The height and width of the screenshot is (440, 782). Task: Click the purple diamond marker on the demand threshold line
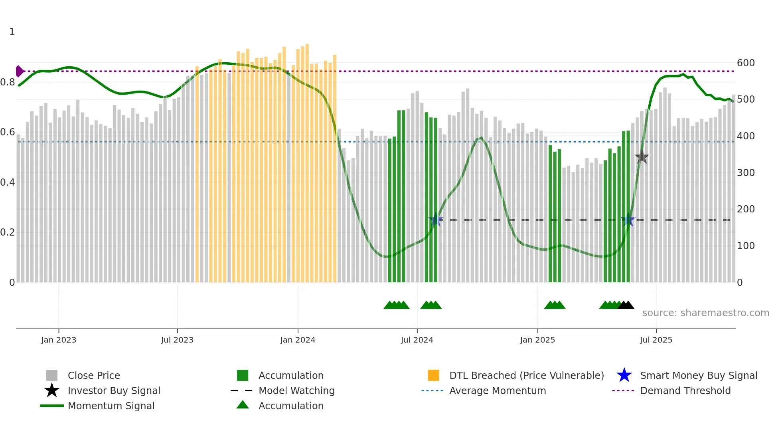(x=19, y=71)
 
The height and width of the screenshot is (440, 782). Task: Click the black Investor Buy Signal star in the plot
(x=642, y=157)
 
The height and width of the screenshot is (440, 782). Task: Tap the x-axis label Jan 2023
(x=59, y=340)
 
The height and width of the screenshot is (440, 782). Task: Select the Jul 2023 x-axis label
(x=177, y=340)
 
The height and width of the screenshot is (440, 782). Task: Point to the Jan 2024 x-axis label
(x=298, y=340)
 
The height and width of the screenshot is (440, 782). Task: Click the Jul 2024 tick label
(x=417, y=340)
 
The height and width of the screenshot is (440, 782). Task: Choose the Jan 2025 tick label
(x=537, y=340)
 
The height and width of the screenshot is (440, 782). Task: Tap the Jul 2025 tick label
(x=656, y=340)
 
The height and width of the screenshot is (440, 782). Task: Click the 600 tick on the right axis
(x=746, y=63)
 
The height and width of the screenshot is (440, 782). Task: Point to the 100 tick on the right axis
(x=746, y=246)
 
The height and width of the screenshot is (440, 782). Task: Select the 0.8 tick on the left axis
(x=8, y=82)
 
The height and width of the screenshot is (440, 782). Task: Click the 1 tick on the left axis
(x=12, y=32)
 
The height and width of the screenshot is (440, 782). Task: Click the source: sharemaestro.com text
(x=705, y=313)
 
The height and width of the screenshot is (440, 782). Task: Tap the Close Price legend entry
(x=94, y=375)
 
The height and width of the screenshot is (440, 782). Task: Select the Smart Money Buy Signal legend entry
(x=698, y=375)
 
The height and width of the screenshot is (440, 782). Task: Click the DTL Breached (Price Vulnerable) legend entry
(x=526, y=375)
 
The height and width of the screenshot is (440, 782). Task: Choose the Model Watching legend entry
(x=296, y=390)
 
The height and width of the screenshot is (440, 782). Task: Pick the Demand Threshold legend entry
(x=685, y=390)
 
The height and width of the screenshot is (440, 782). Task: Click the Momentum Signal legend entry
(x=111, y=406)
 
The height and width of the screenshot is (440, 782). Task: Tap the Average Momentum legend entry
(x=498, y=390)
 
